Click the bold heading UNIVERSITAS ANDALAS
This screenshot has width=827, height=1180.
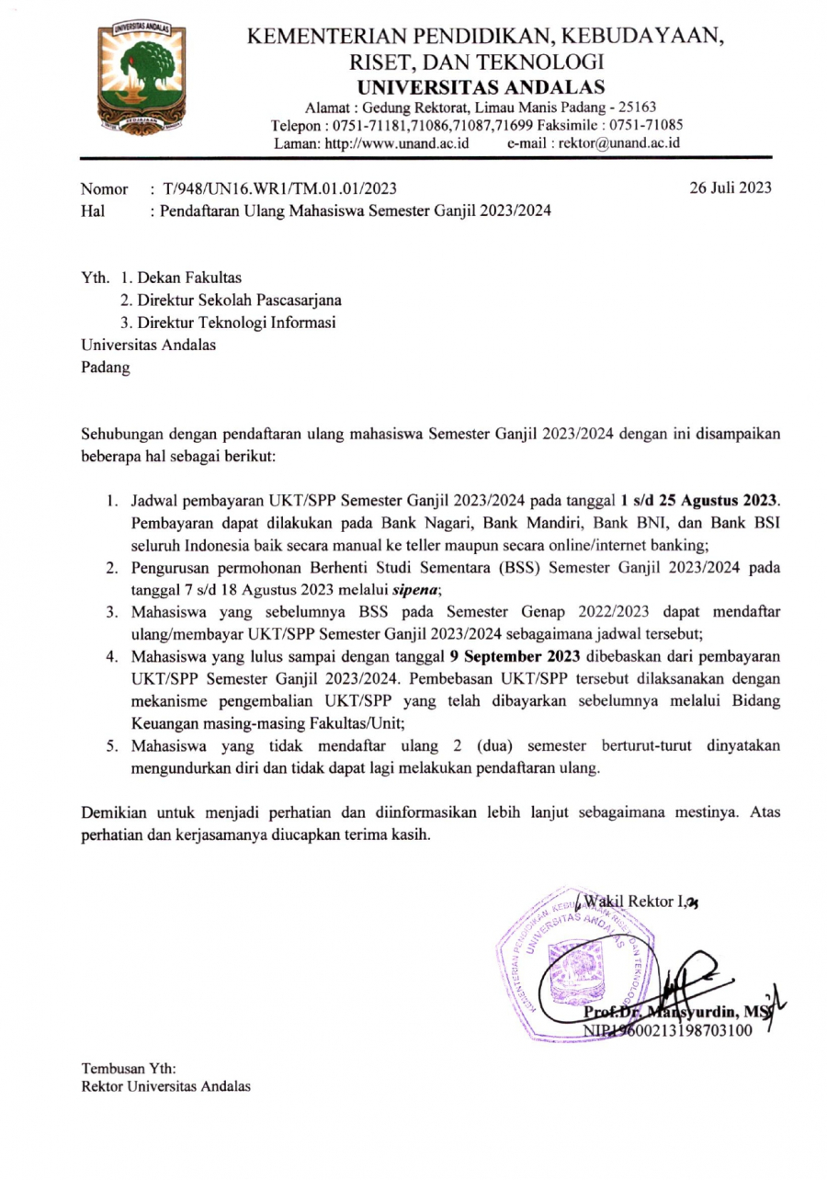tap(481, 87)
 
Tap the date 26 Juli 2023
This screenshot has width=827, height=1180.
tap(731, 188)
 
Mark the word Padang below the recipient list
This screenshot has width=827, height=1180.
tap(106, 368)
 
